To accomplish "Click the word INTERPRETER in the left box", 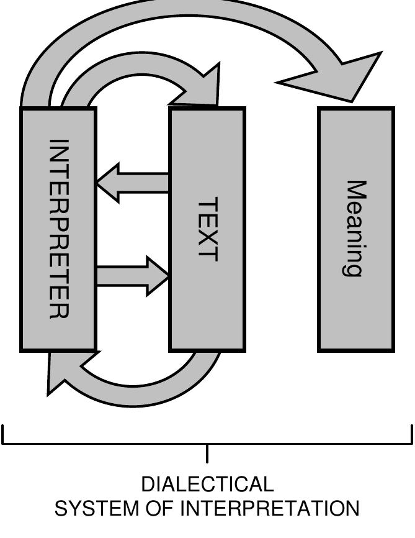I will [58, 228].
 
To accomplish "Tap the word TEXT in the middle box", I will [207, 229].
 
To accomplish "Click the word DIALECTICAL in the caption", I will [207, 485].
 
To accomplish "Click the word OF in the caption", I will [159, 509].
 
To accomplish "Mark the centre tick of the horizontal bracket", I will [207, 454].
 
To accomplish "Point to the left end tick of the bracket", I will [4, 434].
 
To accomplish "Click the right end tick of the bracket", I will [411, 434].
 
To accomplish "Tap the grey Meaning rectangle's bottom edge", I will [356, 350].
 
